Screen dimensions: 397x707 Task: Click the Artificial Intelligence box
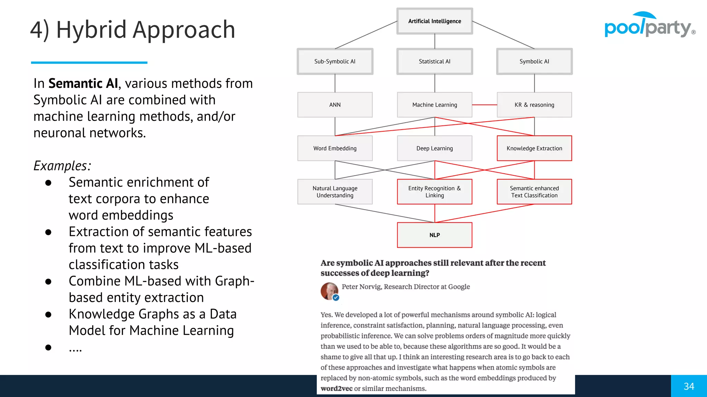(x=434, y=21)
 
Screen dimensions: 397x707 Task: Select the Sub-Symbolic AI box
(x=335, y=61)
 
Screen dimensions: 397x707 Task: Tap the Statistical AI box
(x=434, y=61)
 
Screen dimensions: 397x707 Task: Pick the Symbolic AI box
(x=534, y=61)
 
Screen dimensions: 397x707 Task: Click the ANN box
(x=335, y=105)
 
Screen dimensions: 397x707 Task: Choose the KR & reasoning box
(x=534, y=105)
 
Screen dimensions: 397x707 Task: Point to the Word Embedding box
(x=335, y=148)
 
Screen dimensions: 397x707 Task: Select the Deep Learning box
(x=434, y=148)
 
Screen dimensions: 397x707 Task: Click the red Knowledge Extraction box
(x=534, y=148)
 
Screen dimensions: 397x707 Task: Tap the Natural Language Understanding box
(x=335, y=192)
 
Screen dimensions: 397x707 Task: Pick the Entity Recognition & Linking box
(x=434, y=192)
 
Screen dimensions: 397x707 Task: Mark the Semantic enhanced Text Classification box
(x=534, y=192)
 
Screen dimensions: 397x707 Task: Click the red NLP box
(x=434, y=235)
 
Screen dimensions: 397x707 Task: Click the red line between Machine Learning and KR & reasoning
(x=484, y=105)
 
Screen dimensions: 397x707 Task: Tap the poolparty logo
(x=649, y=26)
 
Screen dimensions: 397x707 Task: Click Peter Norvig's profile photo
(x=329, y=291)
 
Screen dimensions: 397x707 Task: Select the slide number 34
(x=689, y=386)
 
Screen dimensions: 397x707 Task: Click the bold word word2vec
(x=336, y=389)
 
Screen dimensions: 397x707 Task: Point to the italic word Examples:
(x=62, y=166)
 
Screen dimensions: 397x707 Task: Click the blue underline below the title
(x=89, y=62)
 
